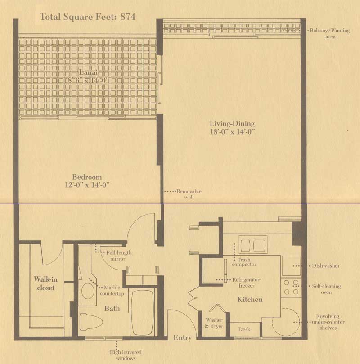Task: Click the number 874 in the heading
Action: [x=128, y=17]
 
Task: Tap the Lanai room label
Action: [x=88, y=72]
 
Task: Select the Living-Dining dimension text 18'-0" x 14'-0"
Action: [x=232, y=132]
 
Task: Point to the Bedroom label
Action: [x=87, y=177]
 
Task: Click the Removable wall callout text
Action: [x=189, y=194]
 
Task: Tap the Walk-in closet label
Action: [x=46, y=283]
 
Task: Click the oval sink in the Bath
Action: [x=88, y=291]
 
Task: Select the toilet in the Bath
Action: [x=91, y=322]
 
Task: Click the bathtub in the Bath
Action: [x=142, y=312]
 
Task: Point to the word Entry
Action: [x=183, y=337]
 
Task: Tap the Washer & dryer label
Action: [x=214, y=323]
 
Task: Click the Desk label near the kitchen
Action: [x=244, y=329]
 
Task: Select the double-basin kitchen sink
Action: [x=253, y=245]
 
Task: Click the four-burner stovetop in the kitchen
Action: [x=291, y=287]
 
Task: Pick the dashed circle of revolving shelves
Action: [x=286, y=322]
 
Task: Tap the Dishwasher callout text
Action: [x=326, y=266]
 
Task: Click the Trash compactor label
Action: [x=244, y=262]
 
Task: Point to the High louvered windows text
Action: [x=126, y=355]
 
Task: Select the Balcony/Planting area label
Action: [x=330, y=33]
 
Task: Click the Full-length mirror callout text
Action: [x=119, y=256]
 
